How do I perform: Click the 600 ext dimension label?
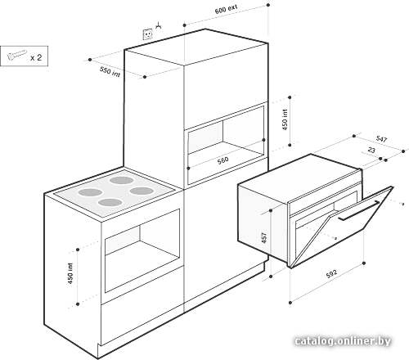pos(226,9)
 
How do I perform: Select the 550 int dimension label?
pos(110,71)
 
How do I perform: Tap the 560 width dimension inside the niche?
pos(222,160)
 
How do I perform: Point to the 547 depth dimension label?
pos(381,139)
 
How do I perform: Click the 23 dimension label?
pos(371,150)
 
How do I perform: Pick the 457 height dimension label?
pos(264,238)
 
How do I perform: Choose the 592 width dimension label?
pos(331,273)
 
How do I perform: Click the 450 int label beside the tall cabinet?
pos(285,119)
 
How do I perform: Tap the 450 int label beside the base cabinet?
pos(70,273)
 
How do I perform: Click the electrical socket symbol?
pos(148,34)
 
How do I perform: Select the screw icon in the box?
pos(17,55)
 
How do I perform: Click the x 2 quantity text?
pos(36,57)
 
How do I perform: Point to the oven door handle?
pos(358,210)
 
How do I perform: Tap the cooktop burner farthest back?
pos(122,180)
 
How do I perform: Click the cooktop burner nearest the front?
pos(110,202)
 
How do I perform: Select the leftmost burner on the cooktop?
pos(90,192)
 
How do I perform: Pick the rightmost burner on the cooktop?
pos(142,191)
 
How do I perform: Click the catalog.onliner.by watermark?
pos(343,341)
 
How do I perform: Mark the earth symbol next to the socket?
pos(159,25)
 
